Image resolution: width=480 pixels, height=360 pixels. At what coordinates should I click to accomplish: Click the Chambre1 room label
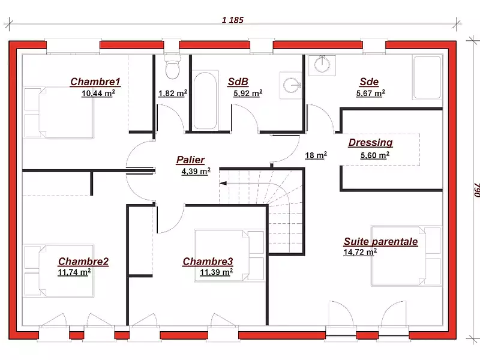pyautogui.click(x=95, y=82)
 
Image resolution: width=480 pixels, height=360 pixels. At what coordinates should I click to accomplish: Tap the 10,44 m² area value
pyautogui.click(x=98, y=93)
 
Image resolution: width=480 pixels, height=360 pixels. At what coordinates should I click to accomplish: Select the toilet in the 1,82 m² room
pyautogui.click(x=172, y=67)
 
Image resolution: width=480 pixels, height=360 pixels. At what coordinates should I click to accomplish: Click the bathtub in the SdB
pyautogui.click(x=205, y=101)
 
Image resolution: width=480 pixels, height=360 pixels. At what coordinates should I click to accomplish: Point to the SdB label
pyautogui.click(x=238, y=82)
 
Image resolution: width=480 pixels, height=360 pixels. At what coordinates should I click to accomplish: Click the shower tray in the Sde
pyautogui.click(x=427, y=77)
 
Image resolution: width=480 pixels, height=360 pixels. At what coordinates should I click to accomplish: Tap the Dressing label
pyautogui.click(x=370, y=143)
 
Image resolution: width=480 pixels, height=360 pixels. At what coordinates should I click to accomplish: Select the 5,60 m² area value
pyautogui.click(x=374, y=155)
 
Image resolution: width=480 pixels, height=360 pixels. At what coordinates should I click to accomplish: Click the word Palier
pyautogui.click(x=190, y=160)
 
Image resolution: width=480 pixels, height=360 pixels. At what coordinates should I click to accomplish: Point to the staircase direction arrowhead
pyautogui.click(x=223, y=184)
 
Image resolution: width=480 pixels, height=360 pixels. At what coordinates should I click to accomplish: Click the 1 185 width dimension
pyautogui.click(x=233, y=20)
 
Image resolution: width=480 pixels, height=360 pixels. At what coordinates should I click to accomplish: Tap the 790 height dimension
pyautogui.click(x=476, y=190)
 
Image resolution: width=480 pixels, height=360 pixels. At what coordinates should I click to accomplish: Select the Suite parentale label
pyautogui.click(x=380, y=242)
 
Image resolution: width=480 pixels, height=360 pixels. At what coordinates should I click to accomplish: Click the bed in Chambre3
pyautogui.click(x=229, y=256)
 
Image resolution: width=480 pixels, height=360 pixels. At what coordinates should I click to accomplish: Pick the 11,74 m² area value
pyautogui.click(x=74, y=272)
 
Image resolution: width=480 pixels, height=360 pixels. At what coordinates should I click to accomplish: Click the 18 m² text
pyautogui.click(x=316, y=155)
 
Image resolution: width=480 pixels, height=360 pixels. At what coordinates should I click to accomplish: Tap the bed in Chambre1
pyautogui.click(x=58, y=112)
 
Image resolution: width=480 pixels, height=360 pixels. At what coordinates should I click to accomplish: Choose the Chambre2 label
pyautogui.click(x=83, y=262)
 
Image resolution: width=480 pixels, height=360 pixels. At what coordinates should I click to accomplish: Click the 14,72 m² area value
pyautogui.click(x=360, y=252)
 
